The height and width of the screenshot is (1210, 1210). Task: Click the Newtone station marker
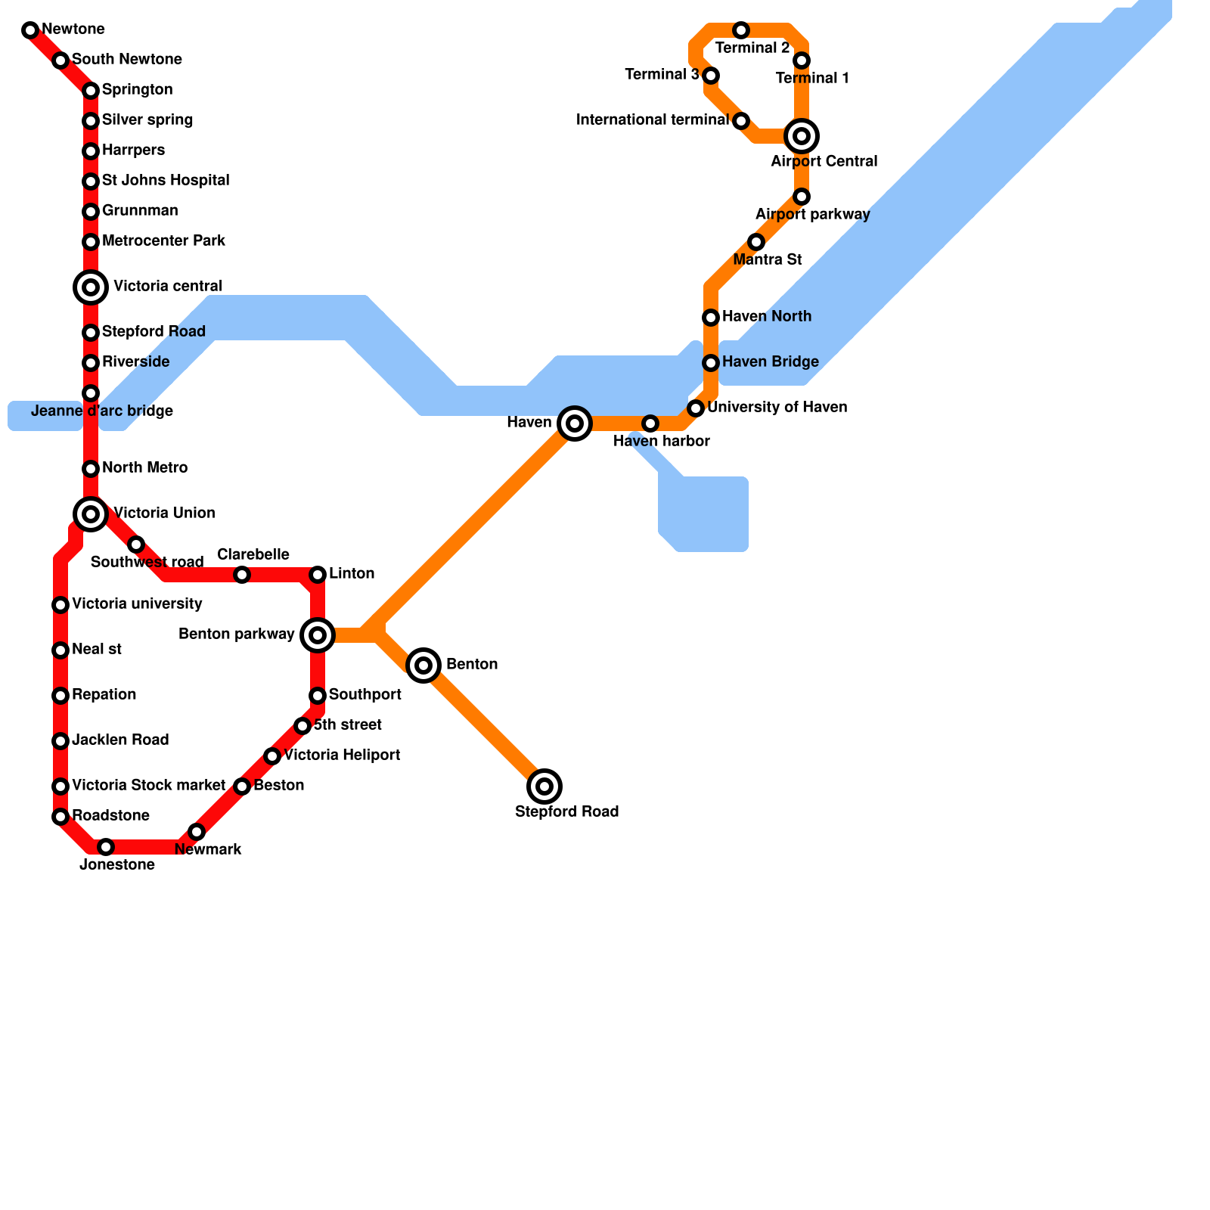[x=30, y=30]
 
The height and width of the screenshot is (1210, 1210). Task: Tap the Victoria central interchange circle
[x=91, y=287]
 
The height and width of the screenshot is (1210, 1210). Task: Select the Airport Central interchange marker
[x=802, y=136]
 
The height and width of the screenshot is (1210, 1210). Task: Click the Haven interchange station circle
[x=575, y=423]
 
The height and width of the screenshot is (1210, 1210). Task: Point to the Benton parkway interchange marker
[x=318, y=635]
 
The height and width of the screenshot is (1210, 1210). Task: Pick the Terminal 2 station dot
[x=741, y=30]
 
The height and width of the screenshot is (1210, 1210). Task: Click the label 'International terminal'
[x=652, y=120]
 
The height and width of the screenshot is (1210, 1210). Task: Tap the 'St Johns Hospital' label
[x=166, y=181]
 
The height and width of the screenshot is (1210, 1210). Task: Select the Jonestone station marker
[x=106, y=847]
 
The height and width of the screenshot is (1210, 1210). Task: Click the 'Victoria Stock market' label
[x=148, y=786]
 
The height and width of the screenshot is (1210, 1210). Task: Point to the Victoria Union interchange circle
[x=91, y=514]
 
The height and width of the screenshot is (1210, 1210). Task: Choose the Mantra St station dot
[x=756, y=242]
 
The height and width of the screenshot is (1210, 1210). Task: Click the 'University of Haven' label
[x=777, y=408]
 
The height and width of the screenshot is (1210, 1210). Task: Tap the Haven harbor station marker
[x=650, y=423]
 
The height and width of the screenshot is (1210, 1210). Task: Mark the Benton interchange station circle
[x=423, y=665]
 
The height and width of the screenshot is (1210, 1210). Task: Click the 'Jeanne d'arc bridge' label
[x=102, y=411]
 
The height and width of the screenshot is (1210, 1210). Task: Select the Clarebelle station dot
[x=242, y=575]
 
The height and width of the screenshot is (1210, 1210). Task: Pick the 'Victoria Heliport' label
[x=342, y=755]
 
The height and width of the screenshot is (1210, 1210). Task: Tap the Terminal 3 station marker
[x=711, y=76]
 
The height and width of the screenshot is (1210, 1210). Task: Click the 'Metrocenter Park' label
[x=163, y=241]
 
